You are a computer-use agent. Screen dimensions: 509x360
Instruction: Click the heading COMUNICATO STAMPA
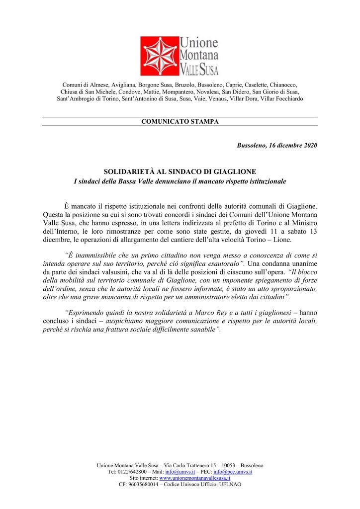(180, 121)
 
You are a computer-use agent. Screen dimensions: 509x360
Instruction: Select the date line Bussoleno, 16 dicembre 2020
(277, 145)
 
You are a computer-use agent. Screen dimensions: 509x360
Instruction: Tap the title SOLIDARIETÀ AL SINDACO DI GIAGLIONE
(180, 171)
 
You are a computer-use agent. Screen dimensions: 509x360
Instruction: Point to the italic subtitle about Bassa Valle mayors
(180, 181)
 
